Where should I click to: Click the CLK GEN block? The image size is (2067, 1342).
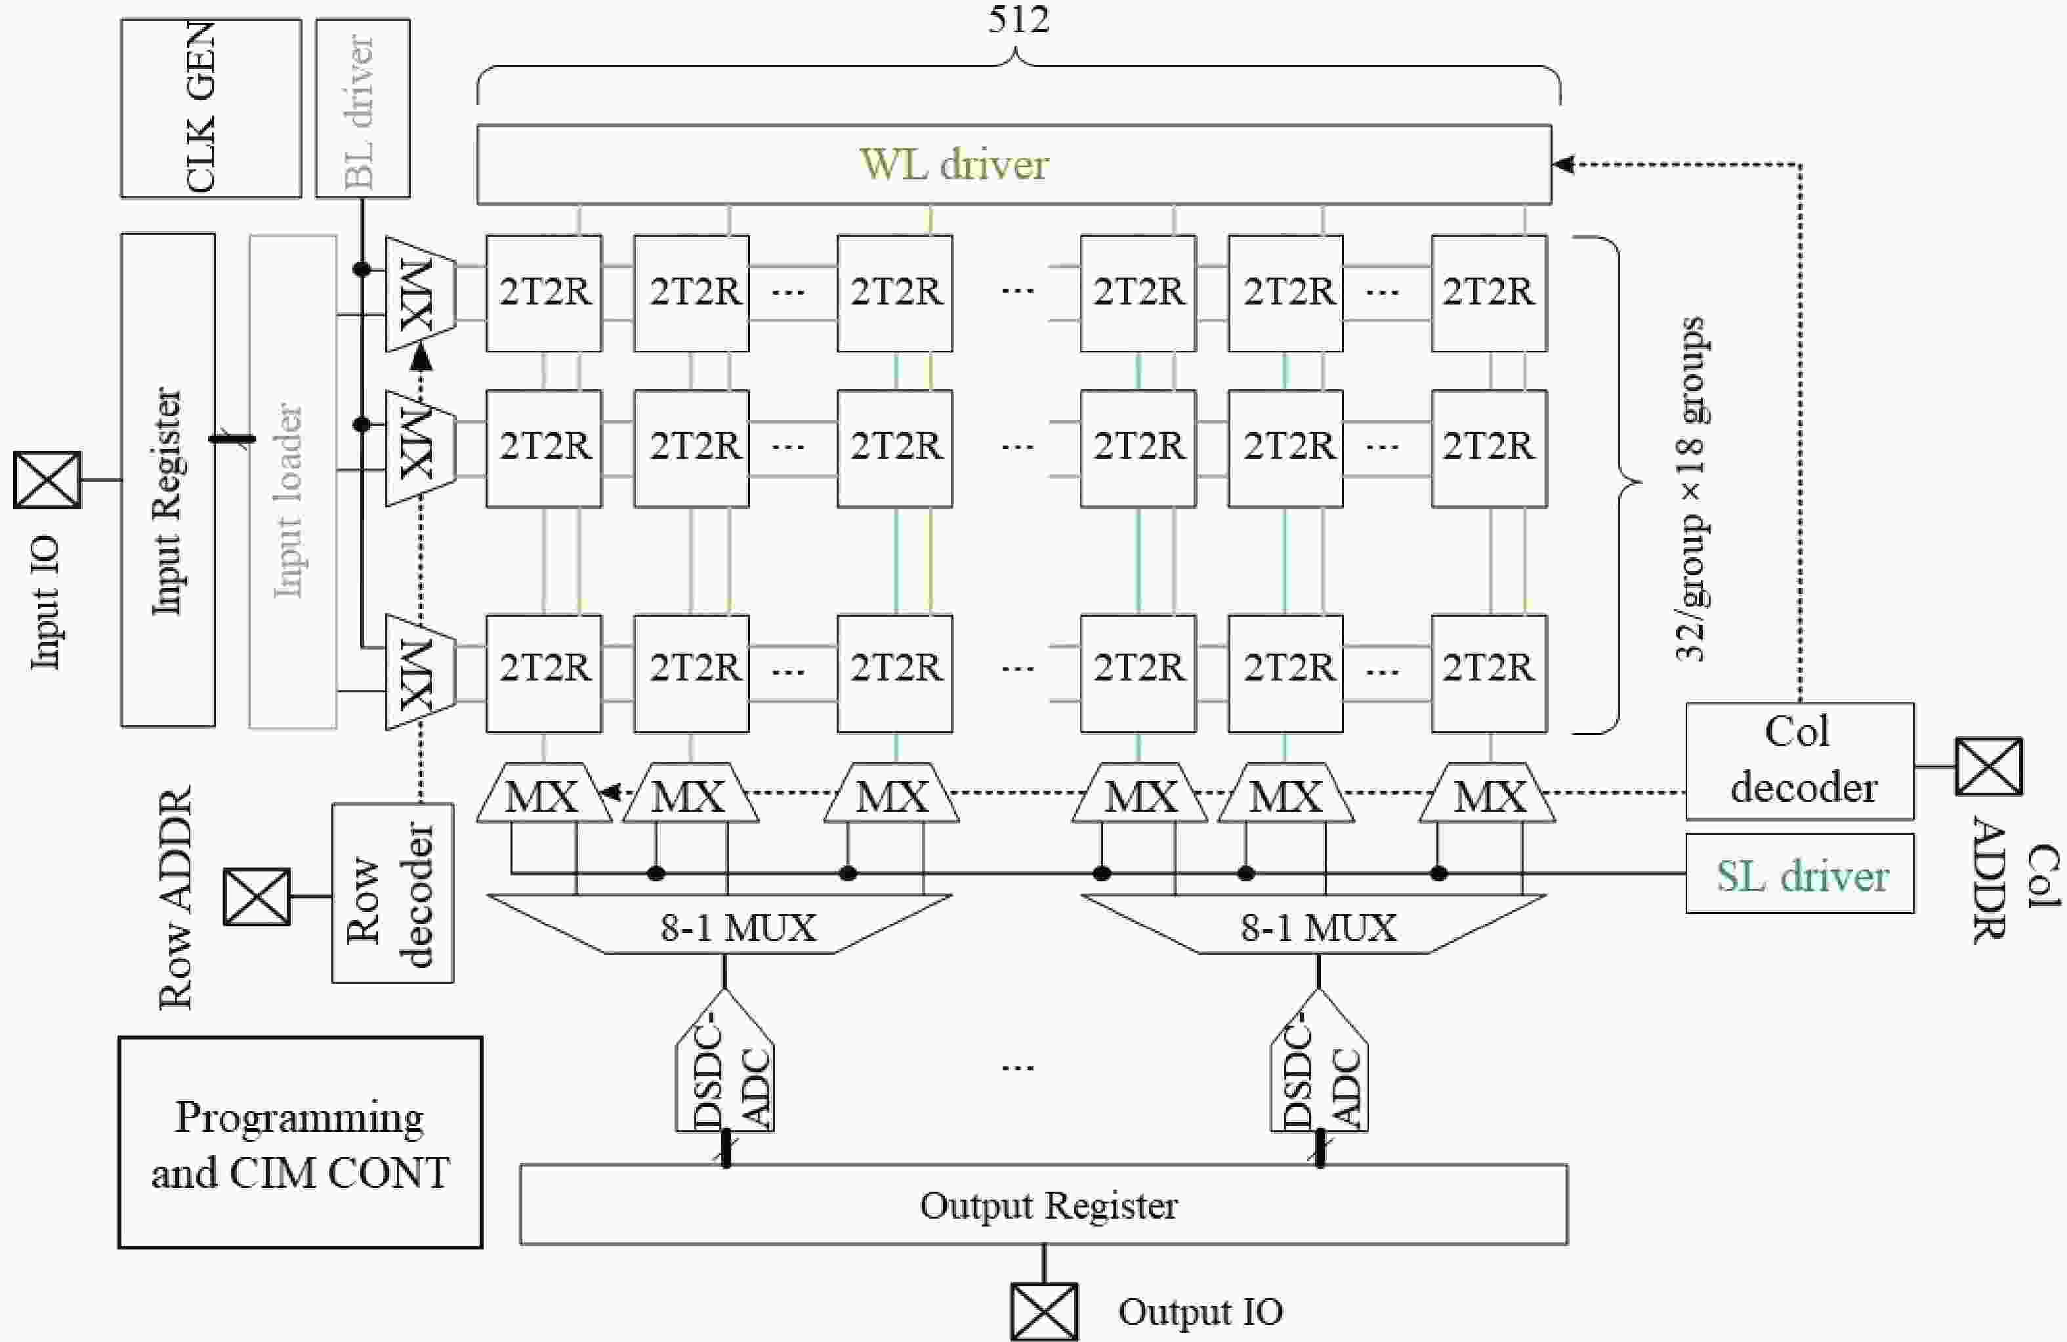(x=211, y=108)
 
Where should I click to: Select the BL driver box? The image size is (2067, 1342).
(x=362, y=108)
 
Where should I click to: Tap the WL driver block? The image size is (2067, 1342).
(x=1014, y=165)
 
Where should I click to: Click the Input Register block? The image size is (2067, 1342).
(x=167, y=480)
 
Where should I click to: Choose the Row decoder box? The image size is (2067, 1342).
(x=392, y=893)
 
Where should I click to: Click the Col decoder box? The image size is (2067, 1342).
(x=1799, y=761)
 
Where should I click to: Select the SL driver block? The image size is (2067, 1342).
(x=1799, y=874)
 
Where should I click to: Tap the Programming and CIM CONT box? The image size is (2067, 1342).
(x=301, y=1143)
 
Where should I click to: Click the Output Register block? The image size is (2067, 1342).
(x=1044, y=1205)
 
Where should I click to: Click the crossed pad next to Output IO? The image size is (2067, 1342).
(x=1044, y=1312)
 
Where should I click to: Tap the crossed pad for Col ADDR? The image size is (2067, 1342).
(x=1989, y=766)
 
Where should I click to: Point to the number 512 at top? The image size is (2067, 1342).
(x=1018, y=19)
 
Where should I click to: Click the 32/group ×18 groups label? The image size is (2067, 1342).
(x=1689, y=488)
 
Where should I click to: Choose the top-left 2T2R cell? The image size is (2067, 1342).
(x=544, y=293)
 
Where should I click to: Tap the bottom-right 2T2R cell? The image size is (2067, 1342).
(x=1489, y=673)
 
